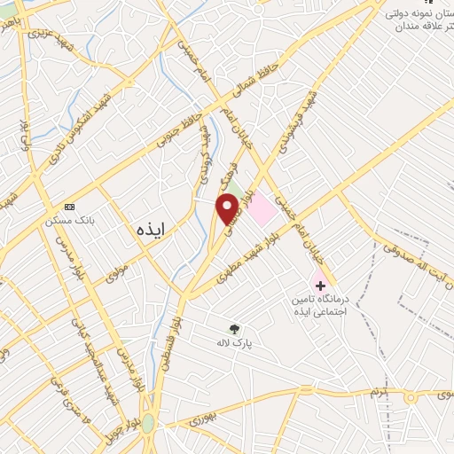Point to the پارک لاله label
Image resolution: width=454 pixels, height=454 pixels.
(234, 341)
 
